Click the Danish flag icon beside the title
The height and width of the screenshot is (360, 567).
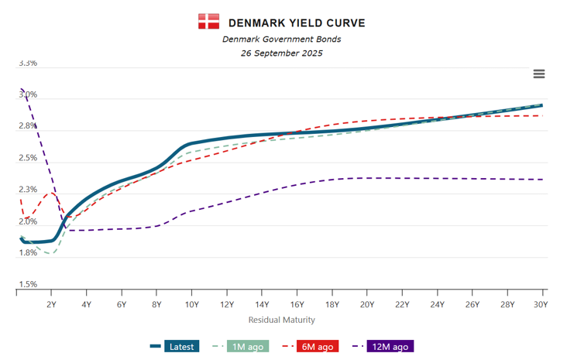point(208,22)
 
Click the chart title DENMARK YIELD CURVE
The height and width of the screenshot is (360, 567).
point(297,22)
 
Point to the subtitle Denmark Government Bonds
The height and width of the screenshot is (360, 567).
point(281,39)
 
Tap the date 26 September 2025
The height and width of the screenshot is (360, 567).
point(281,53)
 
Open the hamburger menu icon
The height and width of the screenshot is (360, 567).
point(539,74)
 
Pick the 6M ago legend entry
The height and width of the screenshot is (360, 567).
point(308,347)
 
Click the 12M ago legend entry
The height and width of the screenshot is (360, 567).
point(381,347)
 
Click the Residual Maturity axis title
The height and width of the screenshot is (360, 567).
point(281,320)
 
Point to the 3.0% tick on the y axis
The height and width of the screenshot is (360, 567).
point(27,95)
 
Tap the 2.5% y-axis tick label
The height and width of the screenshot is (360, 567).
point(27,158)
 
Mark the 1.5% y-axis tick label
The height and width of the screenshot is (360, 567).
point(27,285)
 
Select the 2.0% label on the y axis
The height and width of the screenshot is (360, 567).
point(27,221)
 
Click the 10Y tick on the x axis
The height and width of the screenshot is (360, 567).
point(192,305)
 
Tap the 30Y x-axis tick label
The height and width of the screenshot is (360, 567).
point(541,305)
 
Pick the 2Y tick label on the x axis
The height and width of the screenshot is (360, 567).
point(52,305)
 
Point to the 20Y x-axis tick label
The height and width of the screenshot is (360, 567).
point(366,305)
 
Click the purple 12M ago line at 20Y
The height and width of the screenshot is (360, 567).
point(366,178)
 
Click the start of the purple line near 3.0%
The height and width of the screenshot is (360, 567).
point(22,90)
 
